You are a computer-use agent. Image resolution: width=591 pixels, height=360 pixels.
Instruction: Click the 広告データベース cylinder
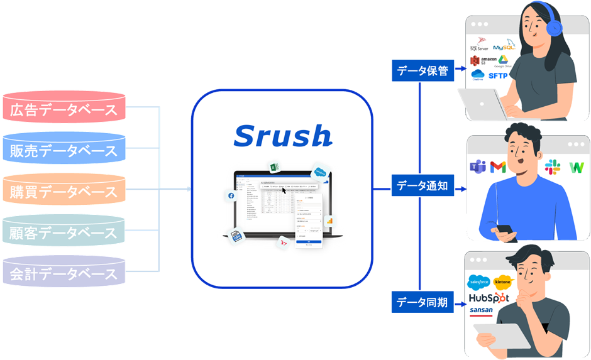pos(64,111)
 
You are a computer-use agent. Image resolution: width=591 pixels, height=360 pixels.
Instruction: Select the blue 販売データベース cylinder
pos(64,151)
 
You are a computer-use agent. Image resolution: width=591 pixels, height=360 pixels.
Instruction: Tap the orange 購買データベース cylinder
pos(64,192)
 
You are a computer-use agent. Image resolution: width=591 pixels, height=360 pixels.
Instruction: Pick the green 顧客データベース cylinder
pos(64,233)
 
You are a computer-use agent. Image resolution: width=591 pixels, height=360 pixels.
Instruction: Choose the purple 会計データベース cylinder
pos(64,274)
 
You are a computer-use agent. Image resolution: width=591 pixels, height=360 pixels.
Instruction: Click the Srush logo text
pos(282,136)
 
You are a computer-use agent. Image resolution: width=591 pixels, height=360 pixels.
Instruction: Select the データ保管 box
pos(423,71)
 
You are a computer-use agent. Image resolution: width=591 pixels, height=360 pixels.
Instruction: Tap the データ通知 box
pos(423,187)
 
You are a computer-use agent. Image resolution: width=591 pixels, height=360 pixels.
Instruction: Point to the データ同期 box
pos(423,303)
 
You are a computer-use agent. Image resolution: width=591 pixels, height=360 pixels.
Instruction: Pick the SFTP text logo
pos(498,76)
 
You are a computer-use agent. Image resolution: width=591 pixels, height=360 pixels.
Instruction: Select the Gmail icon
pos(498,167)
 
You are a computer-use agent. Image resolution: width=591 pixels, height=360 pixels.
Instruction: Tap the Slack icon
pos(553,166)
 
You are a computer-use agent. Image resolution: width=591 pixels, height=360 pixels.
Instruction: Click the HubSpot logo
pos(489,297)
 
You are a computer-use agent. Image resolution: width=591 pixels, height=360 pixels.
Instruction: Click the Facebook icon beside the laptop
pos(231,196)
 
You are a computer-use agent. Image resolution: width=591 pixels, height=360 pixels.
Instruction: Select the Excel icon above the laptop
pos(274,167)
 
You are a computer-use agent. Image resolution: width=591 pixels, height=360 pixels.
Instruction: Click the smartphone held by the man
pos(505,230)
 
